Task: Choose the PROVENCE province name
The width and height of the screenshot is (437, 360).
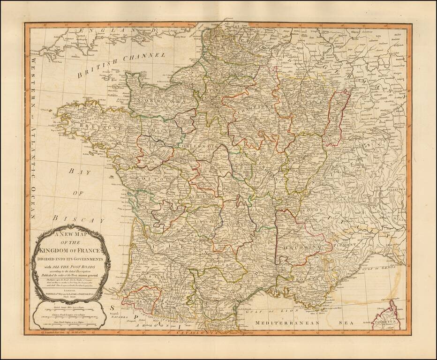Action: point(307,279)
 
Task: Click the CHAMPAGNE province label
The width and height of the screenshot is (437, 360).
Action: point(249,107)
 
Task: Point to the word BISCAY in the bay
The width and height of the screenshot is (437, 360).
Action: point(78,219)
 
